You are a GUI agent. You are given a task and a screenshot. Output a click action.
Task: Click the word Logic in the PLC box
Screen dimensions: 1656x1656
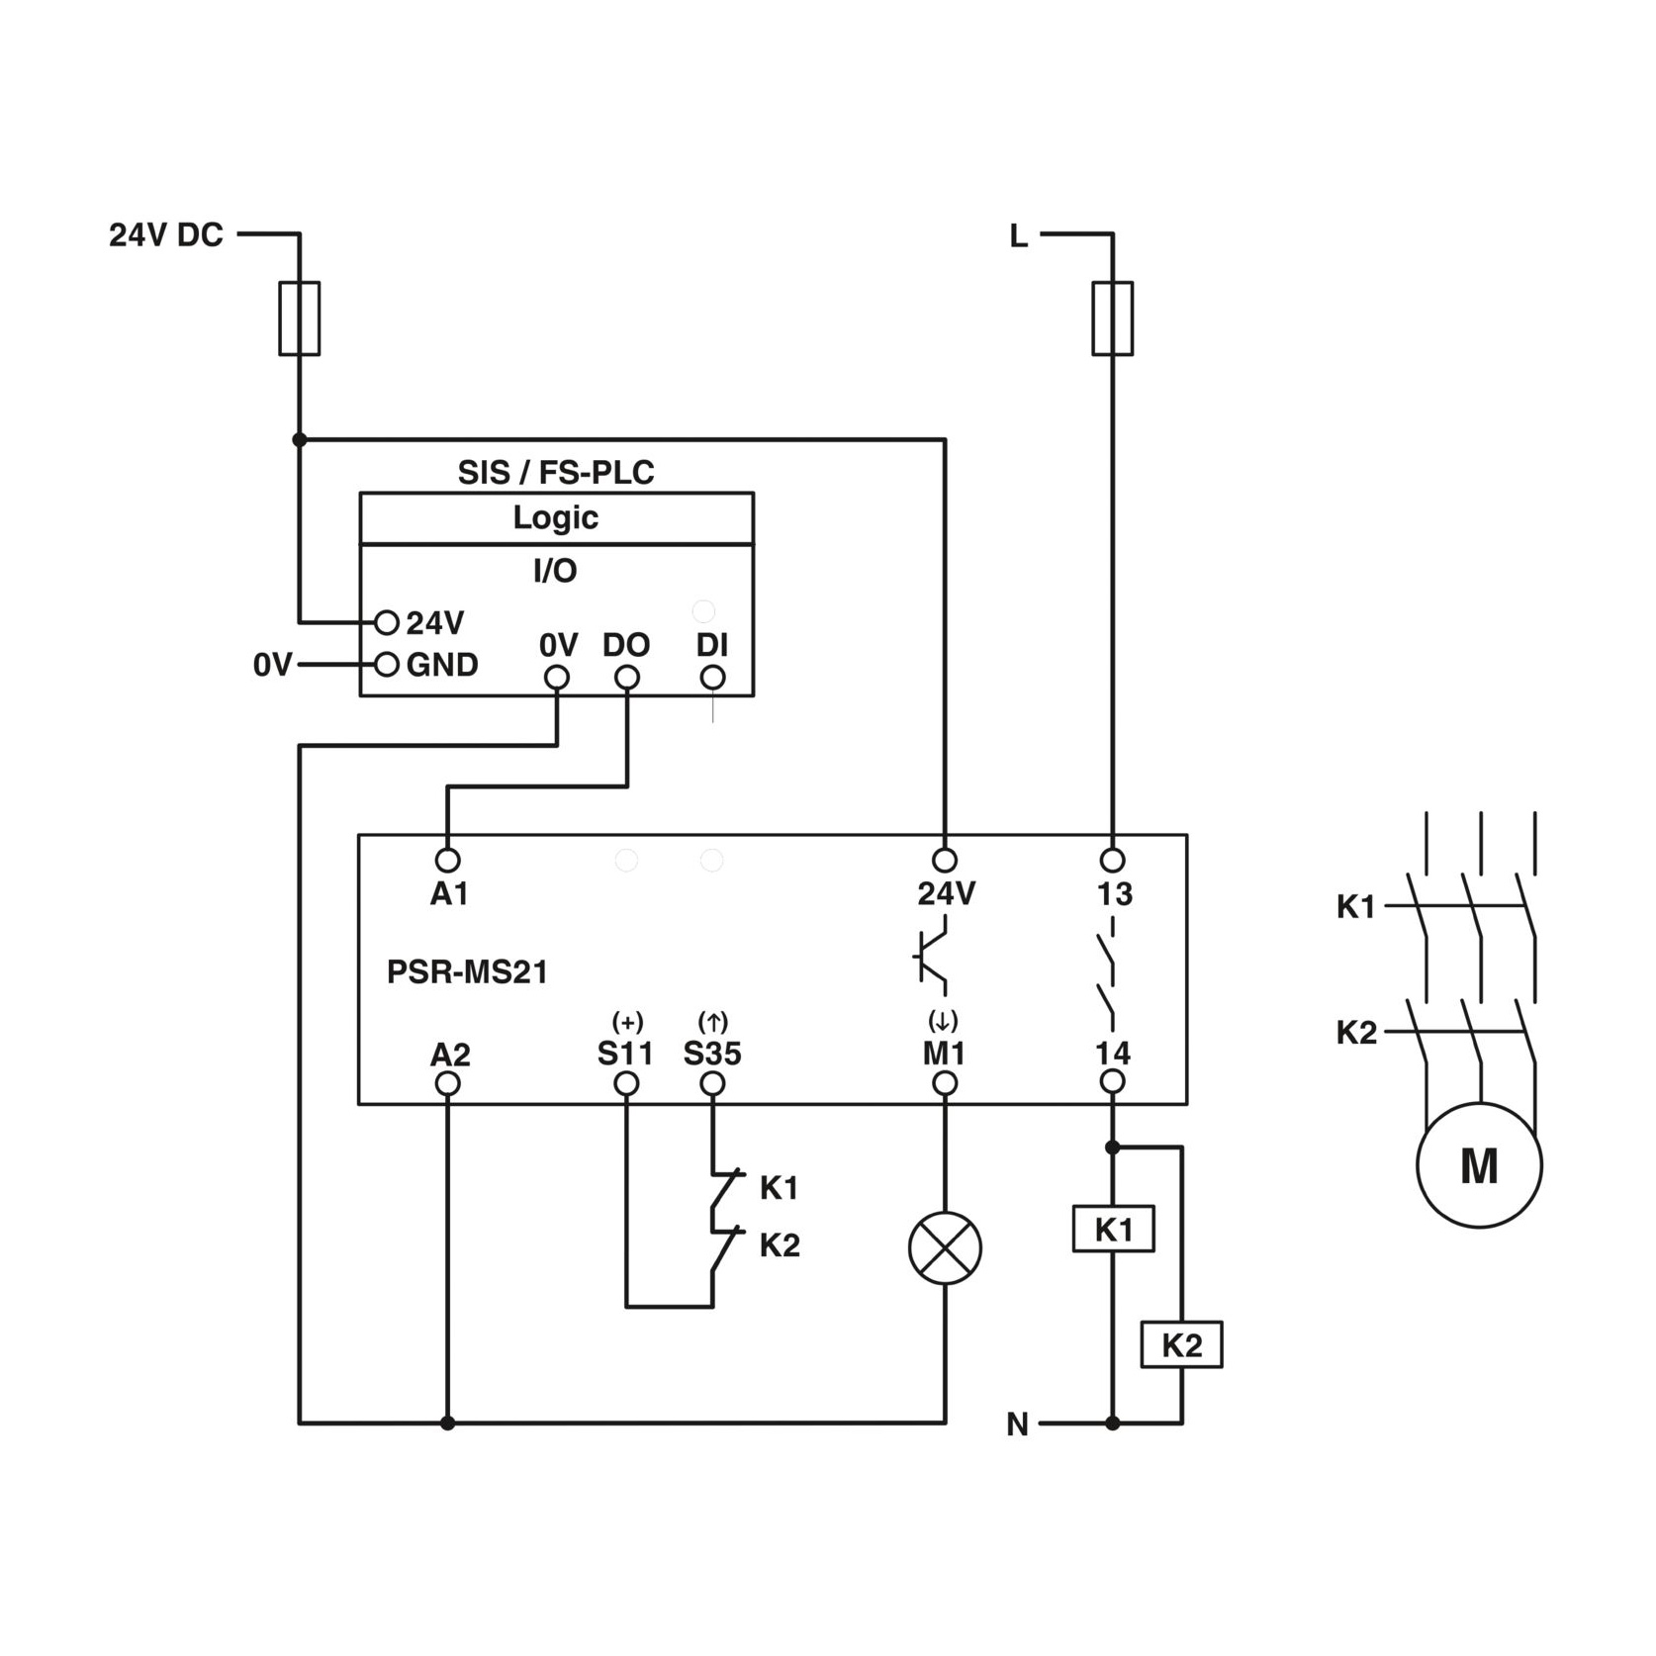coord(555,518)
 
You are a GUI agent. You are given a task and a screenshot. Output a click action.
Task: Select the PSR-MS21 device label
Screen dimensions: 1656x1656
coord(467,972)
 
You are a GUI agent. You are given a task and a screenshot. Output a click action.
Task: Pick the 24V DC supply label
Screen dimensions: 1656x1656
coord(166,235)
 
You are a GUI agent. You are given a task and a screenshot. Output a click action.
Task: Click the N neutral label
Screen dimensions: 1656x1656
coord(1018,1425)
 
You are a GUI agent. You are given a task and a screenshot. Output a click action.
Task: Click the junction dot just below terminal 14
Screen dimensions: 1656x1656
coord(1113,1148)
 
